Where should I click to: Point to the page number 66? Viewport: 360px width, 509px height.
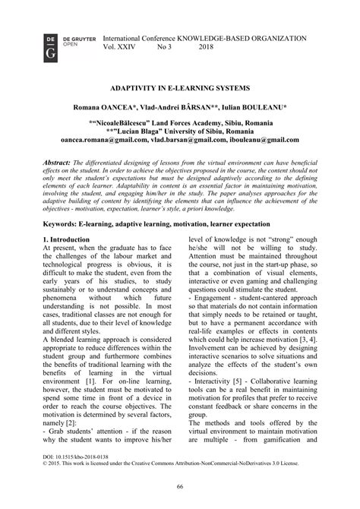tap(180, 487)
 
